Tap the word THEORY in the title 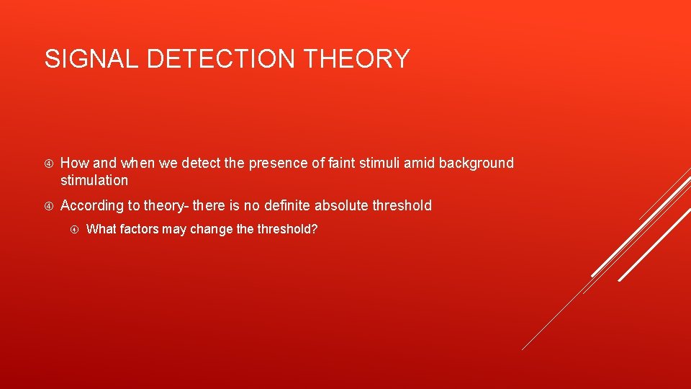pyautogui.click(x=357, y=58)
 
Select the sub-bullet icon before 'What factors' pyautogui.click(x=74, y=230)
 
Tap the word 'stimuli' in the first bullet pyautogui.click(x=380, y=163)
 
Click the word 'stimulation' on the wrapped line pyautogui.click(x=94, y=180)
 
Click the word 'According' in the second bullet pyautogui.click(x=92, y=206)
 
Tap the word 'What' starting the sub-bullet pyautogui.click(x=100, y=229)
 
